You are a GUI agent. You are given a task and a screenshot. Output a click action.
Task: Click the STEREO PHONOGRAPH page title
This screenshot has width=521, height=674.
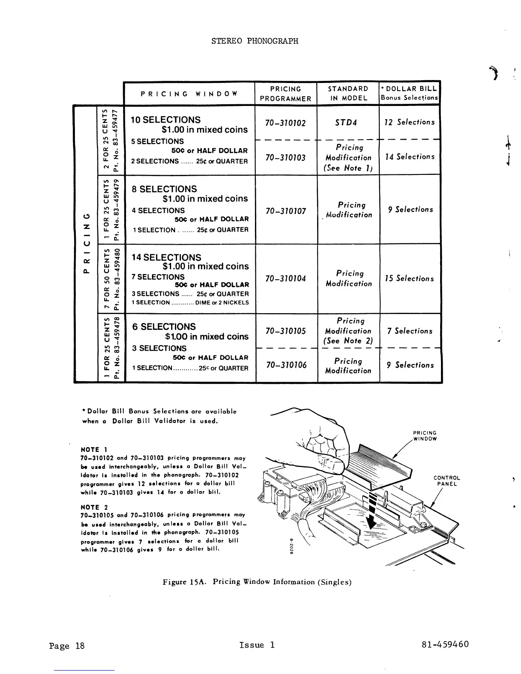click(x=255, y=41)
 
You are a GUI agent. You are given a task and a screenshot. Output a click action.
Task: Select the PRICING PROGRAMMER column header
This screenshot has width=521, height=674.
click(x=286, y=94)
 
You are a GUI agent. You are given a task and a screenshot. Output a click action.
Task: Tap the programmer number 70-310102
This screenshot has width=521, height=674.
click(x=285, y=123)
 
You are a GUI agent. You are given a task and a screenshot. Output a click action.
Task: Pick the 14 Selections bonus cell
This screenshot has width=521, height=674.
click(x=409, y=157)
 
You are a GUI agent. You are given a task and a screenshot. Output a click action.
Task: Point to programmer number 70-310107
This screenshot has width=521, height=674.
click(x=285, y=211)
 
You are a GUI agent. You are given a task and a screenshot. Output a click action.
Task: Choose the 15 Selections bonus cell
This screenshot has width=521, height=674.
click(x=409, y=278)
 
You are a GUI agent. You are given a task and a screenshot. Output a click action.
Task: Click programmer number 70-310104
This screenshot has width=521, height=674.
click(x=285, y=279)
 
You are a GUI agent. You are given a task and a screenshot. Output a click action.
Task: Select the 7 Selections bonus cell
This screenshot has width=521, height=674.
click(x=409, y=331)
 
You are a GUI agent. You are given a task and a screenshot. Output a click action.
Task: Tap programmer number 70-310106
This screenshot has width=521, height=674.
click(x=285, y=365)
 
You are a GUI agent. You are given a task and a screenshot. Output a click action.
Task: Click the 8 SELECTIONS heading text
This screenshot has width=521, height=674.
click(x=164, y=189)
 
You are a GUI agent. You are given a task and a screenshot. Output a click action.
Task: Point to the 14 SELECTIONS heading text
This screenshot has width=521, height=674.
click(x=166, y=257)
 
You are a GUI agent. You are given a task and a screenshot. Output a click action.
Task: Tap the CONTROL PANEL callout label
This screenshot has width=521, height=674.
click(x=447, y=481)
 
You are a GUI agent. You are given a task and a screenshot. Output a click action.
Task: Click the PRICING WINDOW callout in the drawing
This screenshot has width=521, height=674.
click(x=425, y=436)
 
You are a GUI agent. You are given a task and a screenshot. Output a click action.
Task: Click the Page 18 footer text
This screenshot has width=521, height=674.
click(x=67, y=646)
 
